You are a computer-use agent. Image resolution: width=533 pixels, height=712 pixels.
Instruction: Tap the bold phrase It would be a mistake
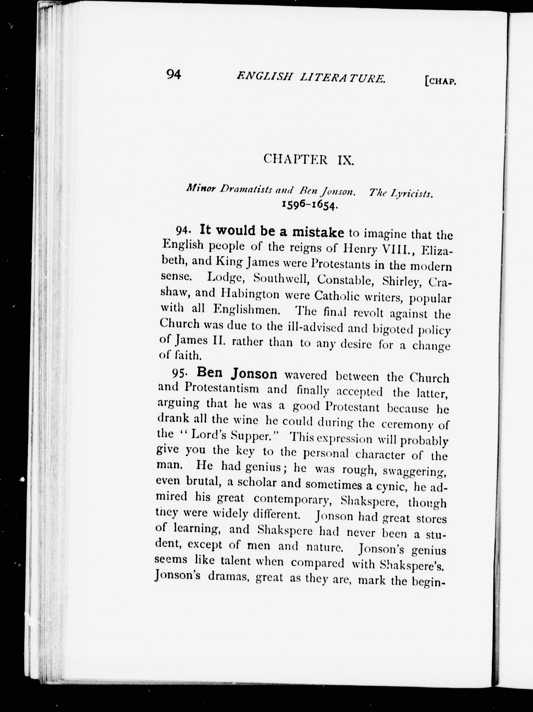click(272, 231)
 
